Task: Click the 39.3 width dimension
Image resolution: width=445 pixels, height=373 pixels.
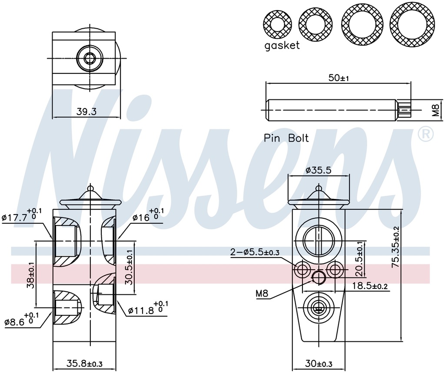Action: point(86,112)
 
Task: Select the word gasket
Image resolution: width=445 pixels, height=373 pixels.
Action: point(282,46)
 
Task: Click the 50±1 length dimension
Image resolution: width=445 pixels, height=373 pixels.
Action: point(339,78)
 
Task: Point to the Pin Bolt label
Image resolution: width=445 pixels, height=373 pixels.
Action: point(286,138)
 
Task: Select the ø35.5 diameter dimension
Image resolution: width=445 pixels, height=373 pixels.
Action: point(318,170)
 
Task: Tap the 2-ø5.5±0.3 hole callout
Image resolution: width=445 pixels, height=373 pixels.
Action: point(255,252)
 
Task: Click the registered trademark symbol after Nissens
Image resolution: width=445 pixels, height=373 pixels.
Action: point(425,134)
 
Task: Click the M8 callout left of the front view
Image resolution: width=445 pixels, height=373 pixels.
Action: point(262,294)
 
